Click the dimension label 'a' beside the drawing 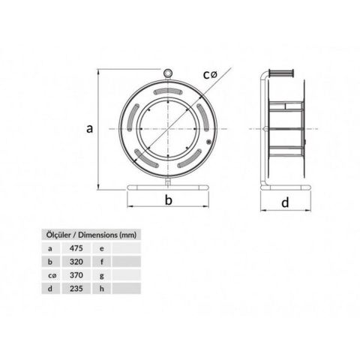click(x=89, y=129)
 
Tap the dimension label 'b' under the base click(x=169, y=199)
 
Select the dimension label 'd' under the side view click(x=284, y=202)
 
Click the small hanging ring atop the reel click(x=169, y=73)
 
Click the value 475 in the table click(x=75, y=247)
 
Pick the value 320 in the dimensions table click(x=75, y=261)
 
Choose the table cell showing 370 click(x=75, y=275)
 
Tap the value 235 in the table click(x=75, y=289)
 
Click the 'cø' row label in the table click(x=50, y=275)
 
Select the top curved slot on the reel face click(x=169, y=92)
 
